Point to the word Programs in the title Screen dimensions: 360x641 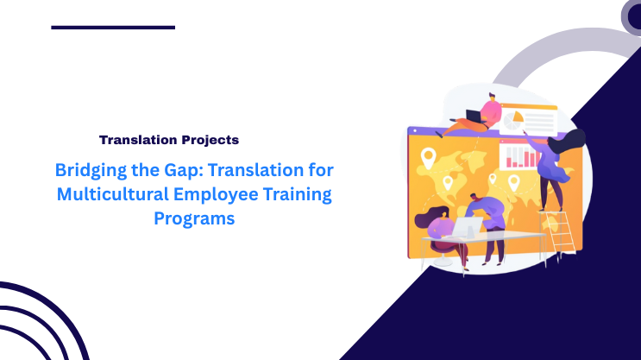194,218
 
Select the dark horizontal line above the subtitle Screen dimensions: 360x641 113,28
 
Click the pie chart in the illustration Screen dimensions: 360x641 515,117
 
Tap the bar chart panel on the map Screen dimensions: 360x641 519,155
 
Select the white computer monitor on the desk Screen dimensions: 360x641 468,227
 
